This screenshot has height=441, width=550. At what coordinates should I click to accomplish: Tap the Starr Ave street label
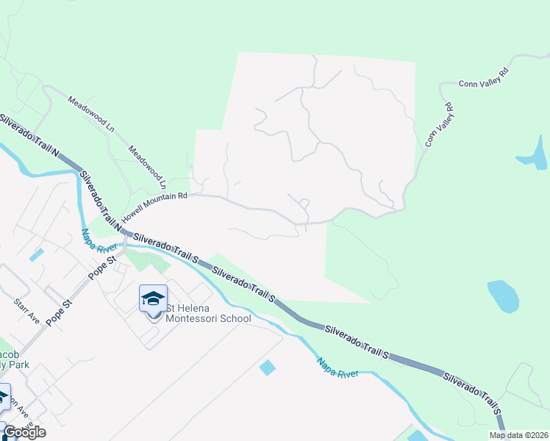click(x=26, y=311)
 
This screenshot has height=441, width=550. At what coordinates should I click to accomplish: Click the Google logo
click(x=24, y=432)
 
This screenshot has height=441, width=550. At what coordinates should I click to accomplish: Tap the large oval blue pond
click(x=503, y=295)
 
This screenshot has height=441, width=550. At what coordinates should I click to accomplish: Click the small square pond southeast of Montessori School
click(x=268, y=367)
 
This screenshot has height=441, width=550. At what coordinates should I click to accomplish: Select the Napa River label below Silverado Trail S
click(x=338, y=368)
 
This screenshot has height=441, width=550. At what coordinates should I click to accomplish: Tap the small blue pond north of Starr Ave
click(x=36, y=254)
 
